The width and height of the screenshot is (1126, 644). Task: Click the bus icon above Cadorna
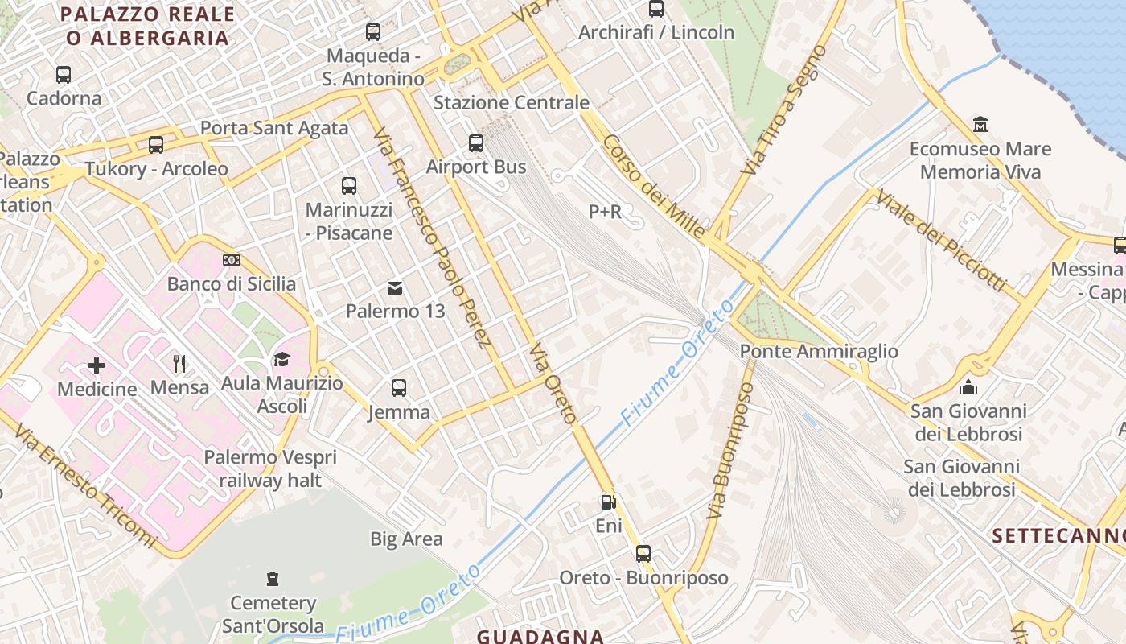pos(64,75)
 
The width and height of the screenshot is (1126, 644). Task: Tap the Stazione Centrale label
pos(512,103)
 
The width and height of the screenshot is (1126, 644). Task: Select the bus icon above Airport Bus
pos(476,143)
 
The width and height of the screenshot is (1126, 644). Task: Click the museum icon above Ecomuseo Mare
pos(980,125)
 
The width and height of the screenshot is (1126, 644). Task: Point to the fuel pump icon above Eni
pos(609,502)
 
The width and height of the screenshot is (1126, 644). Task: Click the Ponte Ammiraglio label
pos(819,352)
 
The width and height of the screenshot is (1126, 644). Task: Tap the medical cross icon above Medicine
pos(97,365)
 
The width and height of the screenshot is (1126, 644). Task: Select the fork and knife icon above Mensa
pos(179,364)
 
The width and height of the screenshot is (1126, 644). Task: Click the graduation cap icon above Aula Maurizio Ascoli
pos(281,359)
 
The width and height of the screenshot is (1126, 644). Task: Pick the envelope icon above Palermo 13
pos(395,287)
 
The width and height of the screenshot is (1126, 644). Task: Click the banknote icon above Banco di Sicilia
pos(232,260)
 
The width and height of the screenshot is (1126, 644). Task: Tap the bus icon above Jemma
pos(399,388)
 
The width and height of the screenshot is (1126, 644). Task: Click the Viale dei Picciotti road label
pos(940,241)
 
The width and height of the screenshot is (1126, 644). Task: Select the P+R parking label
pos(606,212)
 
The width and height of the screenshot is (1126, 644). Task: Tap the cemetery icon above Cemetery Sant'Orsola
pos(273,579)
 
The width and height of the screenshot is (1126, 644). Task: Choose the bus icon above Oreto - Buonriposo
pos(643,554)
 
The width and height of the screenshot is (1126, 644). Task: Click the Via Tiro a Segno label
pos(784,110)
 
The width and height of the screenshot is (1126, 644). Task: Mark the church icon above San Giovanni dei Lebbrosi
pos(968,387)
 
